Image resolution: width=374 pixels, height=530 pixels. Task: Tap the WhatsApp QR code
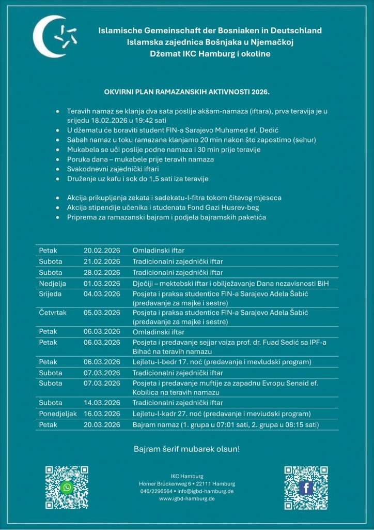coord(67,487)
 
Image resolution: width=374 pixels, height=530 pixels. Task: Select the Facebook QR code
coord(306,487)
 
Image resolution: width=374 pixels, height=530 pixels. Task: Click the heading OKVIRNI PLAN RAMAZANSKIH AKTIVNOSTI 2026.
coord(187,92)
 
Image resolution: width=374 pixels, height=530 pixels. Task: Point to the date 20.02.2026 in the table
coord(102,251)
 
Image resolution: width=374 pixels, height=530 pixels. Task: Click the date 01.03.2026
coord(102,283)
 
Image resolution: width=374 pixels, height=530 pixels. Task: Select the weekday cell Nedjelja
coord(52,283)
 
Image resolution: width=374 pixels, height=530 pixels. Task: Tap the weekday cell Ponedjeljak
coord(57,414)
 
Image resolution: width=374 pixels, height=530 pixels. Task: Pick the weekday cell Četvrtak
coord(53,313)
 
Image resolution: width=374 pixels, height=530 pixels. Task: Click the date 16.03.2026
coord(102,414)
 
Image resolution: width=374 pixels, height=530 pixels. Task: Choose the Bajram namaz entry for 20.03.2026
coord(225,425)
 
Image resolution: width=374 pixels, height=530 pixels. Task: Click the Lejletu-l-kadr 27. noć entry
coord(222,414)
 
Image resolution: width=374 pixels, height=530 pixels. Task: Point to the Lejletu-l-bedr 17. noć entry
coord(222,362)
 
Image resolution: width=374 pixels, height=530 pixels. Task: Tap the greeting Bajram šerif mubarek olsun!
coord(187,449)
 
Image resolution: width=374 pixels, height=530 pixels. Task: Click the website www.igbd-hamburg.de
coord(187,498)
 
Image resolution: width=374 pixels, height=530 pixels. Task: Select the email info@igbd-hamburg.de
coord(205,491)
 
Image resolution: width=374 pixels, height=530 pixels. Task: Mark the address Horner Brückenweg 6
coord(165,483)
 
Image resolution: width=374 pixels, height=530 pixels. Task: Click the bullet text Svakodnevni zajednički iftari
coord(113,169)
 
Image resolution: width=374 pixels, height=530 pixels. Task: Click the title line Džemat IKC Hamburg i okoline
coord(210,54)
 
